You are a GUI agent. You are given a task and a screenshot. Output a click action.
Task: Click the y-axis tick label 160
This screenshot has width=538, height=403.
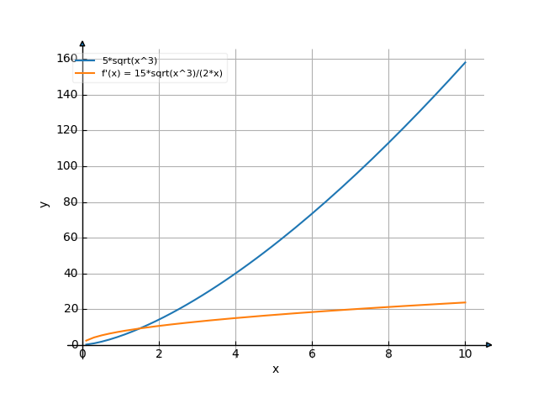coord(67,59)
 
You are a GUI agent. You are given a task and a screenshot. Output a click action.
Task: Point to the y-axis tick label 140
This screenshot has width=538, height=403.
coord(67,95)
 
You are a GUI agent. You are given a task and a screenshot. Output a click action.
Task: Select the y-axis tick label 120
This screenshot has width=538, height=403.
coord(67,130)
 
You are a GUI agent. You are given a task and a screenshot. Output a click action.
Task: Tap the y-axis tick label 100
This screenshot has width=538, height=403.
coord(67,166)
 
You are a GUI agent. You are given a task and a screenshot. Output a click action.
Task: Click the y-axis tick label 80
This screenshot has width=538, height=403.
coord(70,202)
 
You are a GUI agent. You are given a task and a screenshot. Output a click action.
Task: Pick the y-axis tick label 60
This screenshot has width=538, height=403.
coord(70,238)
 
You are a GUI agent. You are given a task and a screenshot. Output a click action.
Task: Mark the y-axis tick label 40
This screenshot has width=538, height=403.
coord(70,274)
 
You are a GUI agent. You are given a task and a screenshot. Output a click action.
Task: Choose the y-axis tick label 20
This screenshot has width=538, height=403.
coord(70,309)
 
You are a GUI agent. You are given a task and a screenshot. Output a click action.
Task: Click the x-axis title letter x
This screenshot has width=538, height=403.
coord(275,369)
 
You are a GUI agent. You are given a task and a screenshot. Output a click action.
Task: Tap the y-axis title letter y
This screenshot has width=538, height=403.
coord(45,202)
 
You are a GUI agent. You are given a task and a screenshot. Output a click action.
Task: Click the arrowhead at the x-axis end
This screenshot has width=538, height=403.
coord(489,345)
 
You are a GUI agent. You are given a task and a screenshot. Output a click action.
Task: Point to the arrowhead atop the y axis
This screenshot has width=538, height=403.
coord(82,43)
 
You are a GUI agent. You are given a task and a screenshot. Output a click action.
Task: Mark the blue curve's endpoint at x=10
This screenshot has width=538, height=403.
coord(465,61)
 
